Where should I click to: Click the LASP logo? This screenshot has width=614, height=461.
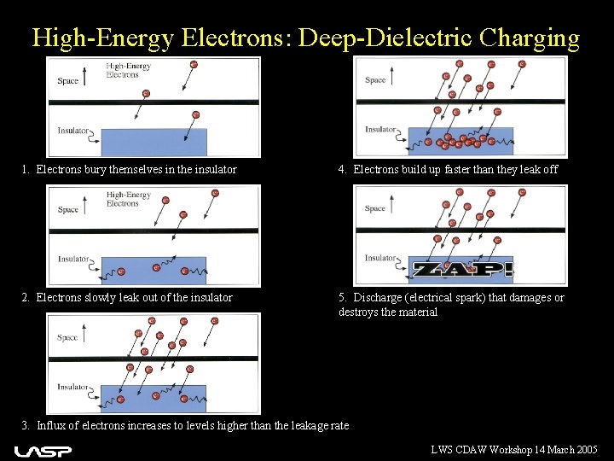coord(43,450)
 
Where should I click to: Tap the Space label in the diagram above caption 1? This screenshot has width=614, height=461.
coord(68,81)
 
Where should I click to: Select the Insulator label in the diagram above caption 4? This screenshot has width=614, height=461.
coord(380,130)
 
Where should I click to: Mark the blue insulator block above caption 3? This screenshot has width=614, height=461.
coord(153,398)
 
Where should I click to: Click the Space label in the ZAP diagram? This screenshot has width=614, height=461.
coord(375,208)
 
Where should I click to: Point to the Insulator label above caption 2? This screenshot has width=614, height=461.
coord(72,259)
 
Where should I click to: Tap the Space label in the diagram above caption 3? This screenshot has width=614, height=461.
coord(68,337)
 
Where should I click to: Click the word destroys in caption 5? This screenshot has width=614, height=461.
coord(358,312)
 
